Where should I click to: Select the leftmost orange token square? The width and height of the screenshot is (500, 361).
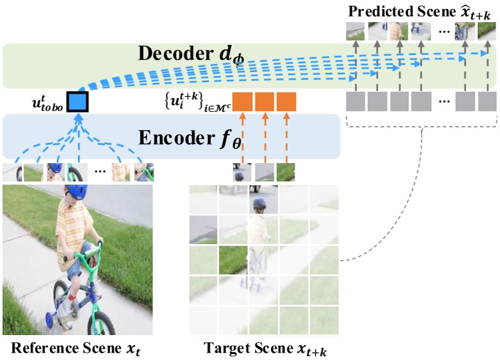click(243, 102)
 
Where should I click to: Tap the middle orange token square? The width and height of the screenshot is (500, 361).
click(265, 102)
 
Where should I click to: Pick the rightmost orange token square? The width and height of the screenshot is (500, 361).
click(286, 102)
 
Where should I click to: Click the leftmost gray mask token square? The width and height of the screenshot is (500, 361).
click(356, 102)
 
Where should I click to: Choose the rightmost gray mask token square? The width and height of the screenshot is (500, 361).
click(487, 102)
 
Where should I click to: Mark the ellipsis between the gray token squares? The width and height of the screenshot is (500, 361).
click(444, 102)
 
